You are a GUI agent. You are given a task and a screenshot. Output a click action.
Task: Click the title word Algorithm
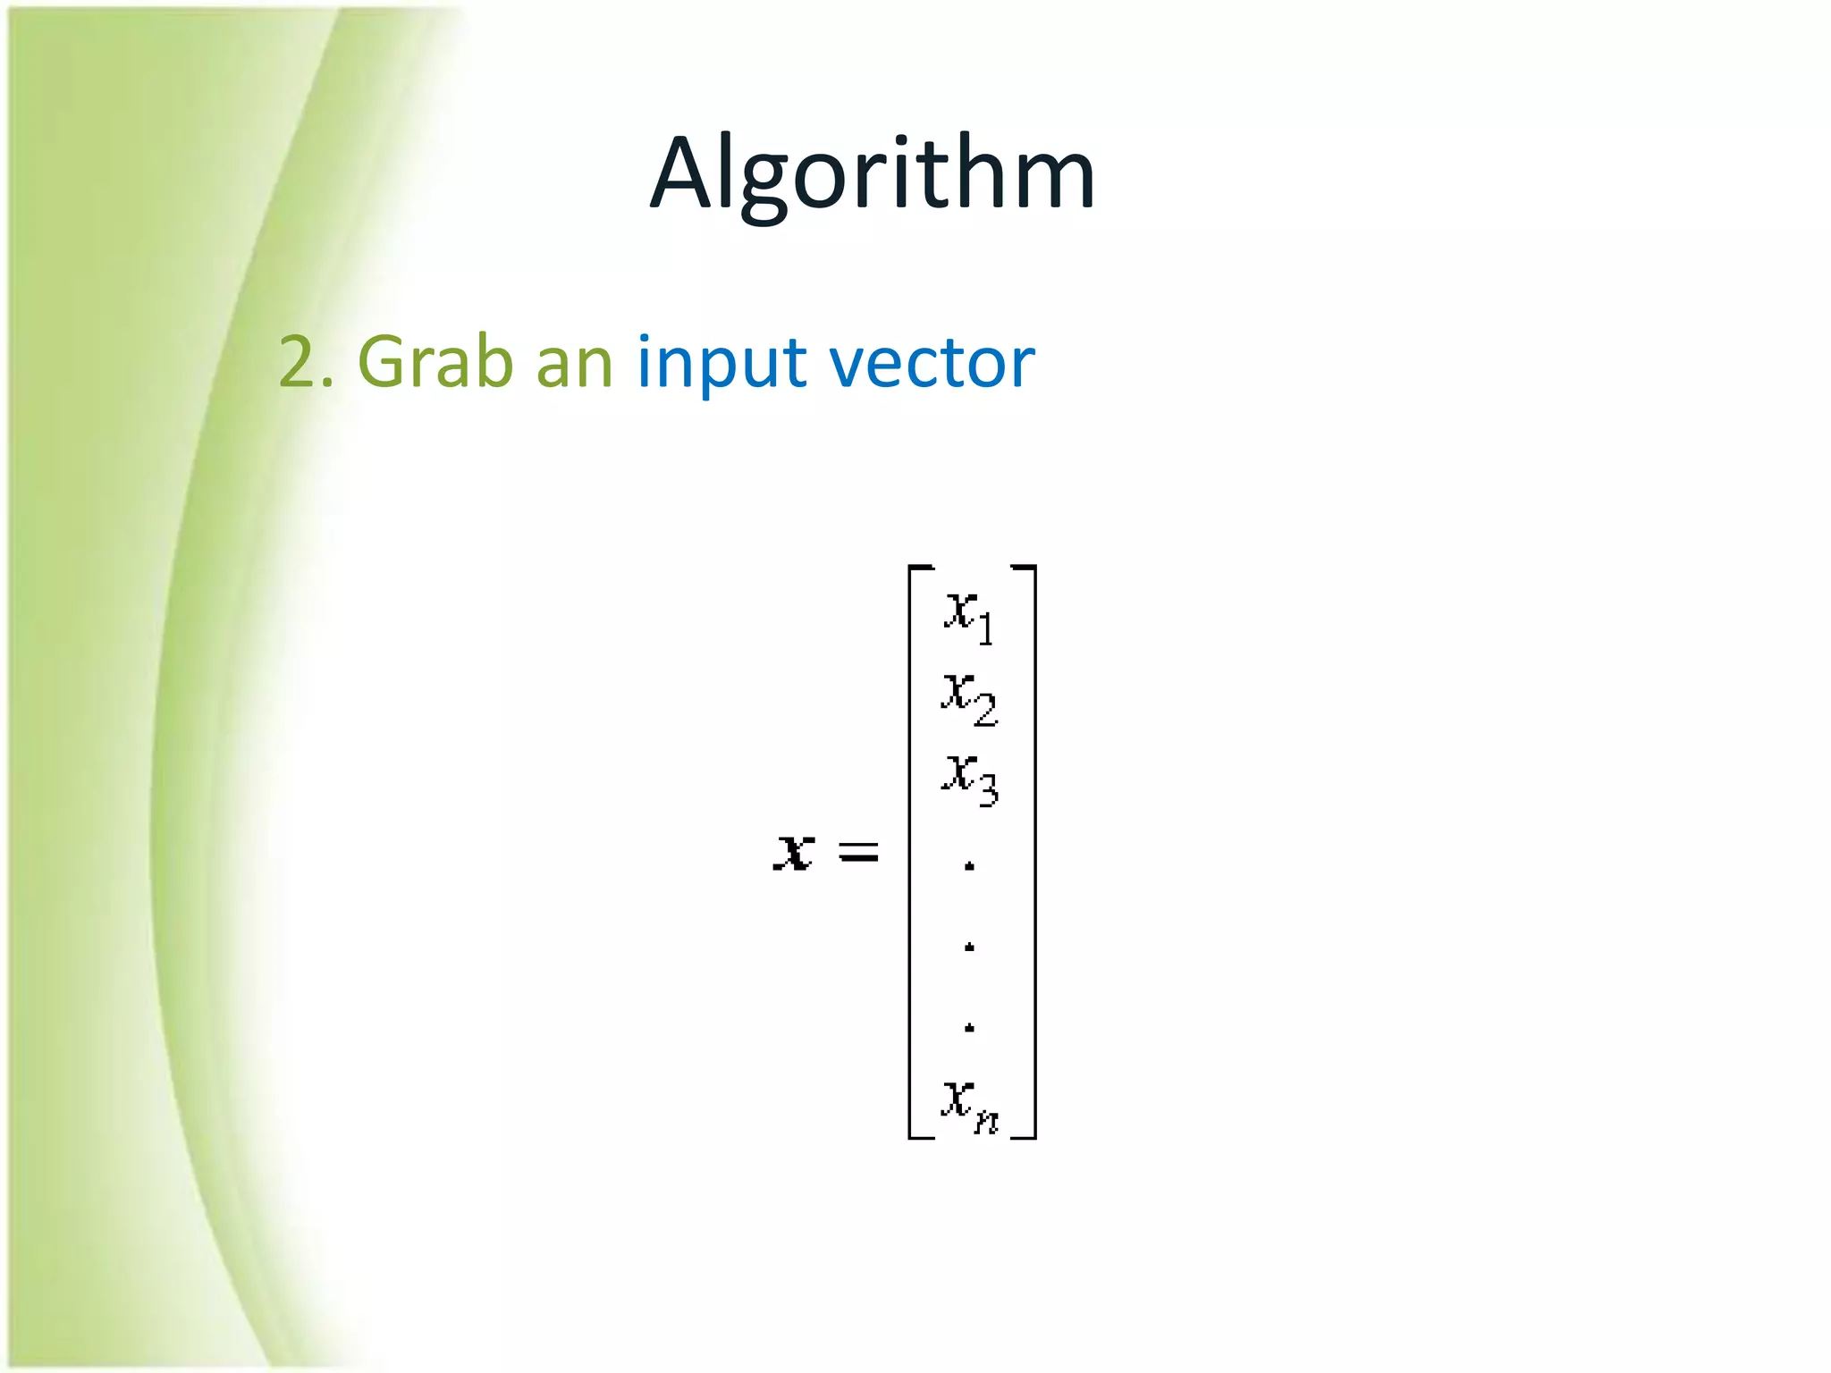[873, 173]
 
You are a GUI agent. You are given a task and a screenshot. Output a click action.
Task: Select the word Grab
[435, 362]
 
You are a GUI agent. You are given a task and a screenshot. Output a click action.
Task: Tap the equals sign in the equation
[858, 853]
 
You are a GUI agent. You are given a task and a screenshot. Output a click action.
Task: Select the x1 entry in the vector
[968, 617]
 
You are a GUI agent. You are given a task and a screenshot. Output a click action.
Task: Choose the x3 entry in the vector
[968, 779]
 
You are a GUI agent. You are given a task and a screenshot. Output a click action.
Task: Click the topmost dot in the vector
[969, 865]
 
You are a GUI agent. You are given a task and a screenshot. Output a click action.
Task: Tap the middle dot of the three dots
[969, 947]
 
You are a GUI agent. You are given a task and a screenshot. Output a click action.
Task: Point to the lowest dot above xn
[969, 1028]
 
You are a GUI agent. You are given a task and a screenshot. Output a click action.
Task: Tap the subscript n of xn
[986, 1120]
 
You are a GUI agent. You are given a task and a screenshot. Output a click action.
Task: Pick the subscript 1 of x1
[985, 629]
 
